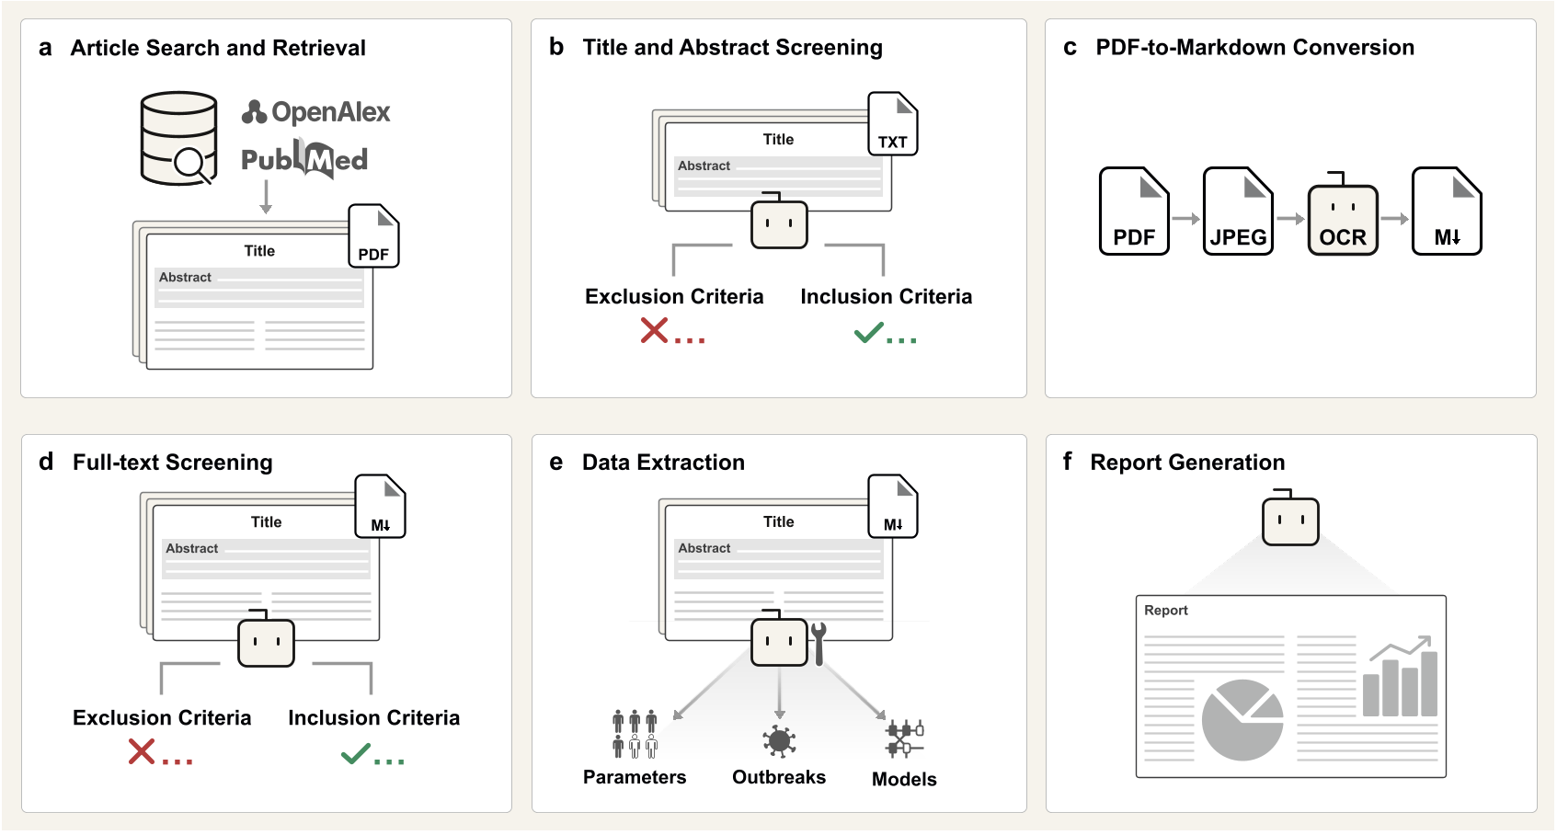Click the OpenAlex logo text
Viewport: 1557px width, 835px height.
(317, 112)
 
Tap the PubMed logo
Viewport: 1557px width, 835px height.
(304, 160)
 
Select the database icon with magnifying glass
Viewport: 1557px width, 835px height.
(179, 138)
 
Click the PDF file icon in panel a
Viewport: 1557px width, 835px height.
(373, 236)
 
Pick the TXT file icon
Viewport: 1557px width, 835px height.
(892, 124)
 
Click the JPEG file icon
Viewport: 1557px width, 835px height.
(1238, 212)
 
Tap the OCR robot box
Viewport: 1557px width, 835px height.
(1343, 221)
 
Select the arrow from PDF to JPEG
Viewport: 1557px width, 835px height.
(1186, 219)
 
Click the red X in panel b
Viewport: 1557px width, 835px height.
(654, 330)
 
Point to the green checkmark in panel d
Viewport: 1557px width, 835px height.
(356, 754)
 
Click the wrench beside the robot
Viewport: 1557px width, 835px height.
(819, 642)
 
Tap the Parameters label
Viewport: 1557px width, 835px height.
(635, 777)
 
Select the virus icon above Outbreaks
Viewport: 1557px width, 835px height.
(779, 740)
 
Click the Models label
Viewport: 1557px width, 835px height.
(904, 779)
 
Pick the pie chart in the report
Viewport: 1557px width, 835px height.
(1242, 720)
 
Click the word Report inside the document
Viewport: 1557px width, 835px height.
(1165, 611)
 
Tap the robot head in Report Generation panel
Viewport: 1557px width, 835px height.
(1290, 520)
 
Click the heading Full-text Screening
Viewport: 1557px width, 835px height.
(173, 463)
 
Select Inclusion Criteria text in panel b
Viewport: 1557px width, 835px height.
(886, 297)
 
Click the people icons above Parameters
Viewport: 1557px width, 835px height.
(635, 733)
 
